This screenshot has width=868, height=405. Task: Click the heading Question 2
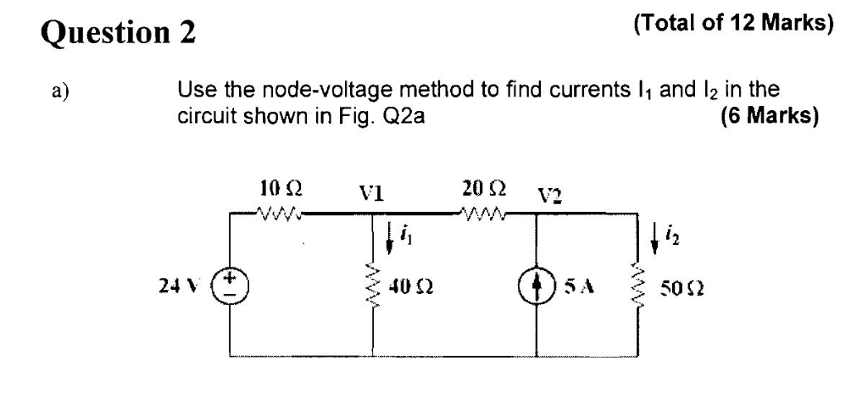pyautogui.click(x=119, y=32)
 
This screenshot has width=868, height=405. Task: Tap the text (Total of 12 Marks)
pyautogui.click(x=733, y=24)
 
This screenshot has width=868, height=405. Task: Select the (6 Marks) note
pyautogui.click(x=769, y=117)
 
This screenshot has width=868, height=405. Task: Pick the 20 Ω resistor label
pyautogui.click(x=481, y=187)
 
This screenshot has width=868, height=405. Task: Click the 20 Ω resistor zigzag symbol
pyautogui.click(x=481, y=212)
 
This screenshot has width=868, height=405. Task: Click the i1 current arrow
pyautogui.click(x=391, y=239)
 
